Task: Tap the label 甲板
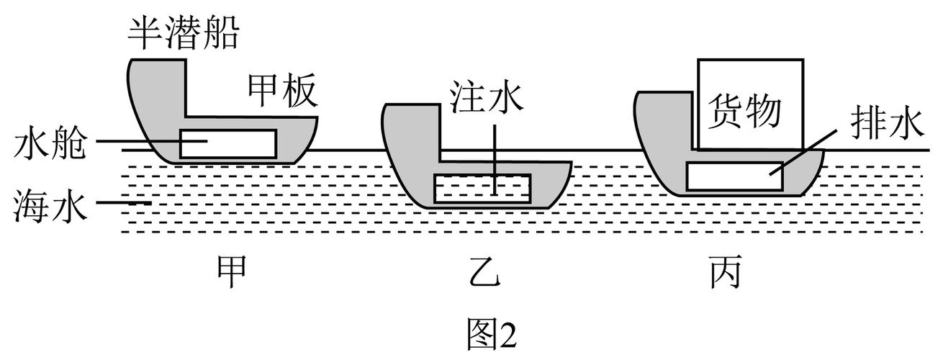[282, 92]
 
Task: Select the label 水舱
[49, 145]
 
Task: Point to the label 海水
[49, 207]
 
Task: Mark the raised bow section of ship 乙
[412, 130]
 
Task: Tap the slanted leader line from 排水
[799, 156]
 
